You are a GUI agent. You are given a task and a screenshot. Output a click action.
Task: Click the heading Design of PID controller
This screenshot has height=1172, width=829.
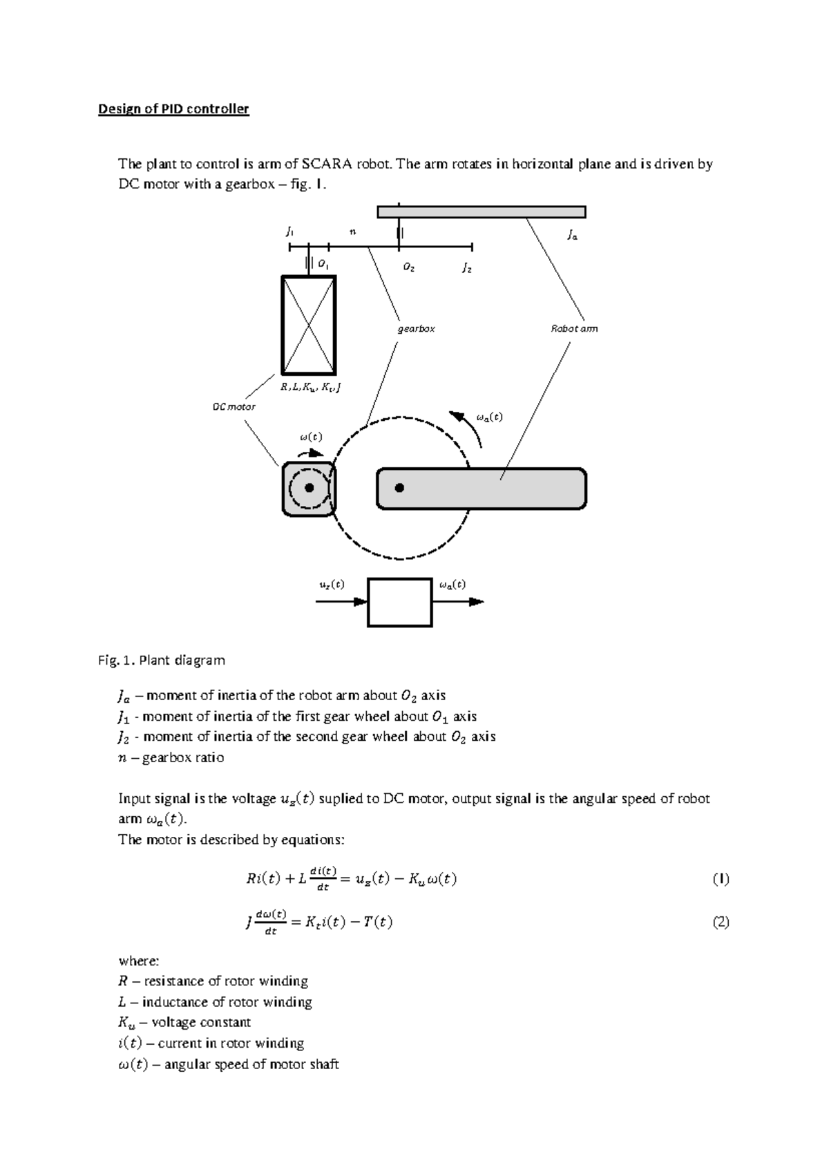(173, 109)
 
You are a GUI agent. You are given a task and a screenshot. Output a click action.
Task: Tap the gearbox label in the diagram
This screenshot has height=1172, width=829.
(416, 329)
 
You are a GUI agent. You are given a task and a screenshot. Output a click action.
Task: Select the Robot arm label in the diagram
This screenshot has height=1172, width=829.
(573, 329)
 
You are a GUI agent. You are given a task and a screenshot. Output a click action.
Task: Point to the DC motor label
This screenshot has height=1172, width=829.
(234, 407)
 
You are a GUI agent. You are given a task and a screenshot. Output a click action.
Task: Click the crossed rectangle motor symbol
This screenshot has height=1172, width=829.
(308, 325)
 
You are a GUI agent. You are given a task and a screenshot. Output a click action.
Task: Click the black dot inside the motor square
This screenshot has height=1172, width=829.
(309, 488)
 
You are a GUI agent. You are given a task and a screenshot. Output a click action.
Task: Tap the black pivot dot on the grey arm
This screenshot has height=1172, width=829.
(399, 488)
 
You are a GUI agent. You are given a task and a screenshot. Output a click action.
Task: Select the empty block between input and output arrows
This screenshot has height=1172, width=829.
(399, 603)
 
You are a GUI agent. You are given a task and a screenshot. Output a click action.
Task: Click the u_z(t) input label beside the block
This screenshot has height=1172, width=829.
(331, 585)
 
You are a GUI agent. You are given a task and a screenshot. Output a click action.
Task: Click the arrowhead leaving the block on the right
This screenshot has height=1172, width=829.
(477, 602)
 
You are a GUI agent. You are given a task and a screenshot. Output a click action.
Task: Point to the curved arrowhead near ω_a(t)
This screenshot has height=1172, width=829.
(456, 415)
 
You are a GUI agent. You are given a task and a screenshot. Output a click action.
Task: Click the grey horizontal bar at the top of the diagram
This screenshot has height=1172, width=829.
(482, 211)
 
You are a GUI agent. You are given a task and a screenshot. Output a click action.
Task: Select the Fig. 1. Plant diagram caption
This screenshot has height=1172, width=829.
(162, 660)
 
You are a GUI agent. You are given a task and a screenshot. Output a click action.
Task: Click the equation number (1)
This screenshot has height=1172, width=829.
(721, 879)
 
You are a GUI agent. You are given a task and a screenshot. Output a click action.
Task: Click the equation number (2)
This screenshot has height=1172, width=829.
(721, 922)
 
